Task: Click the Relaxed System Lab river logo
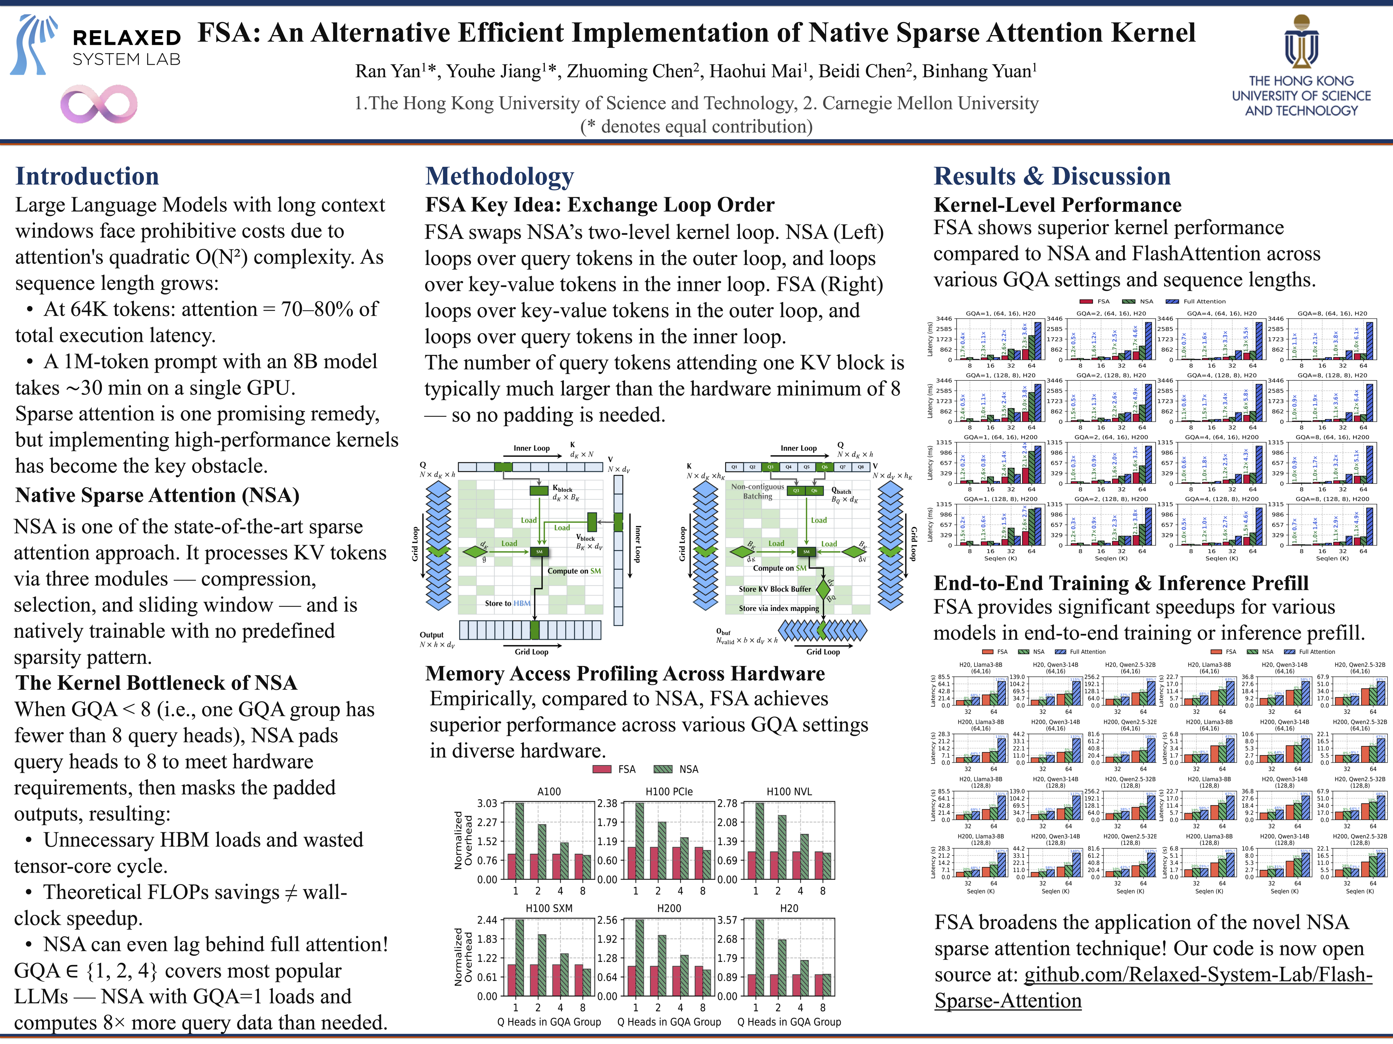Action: (34, 45)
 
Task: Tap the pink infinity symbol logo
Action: (99, 104)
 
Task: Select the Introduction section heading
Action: (87, 176)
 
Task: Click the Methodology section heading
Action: (500, 176)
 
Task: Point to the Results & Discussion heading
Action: (1052, 176)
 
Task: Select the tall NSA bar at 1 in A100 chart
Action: (519, 841)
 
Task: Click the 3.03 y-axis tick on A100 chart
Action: (487, 804)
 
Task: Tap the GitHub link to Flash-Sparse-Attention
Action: (1152, 987)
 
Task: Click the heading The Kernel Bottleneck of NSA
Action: (156, 683)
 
